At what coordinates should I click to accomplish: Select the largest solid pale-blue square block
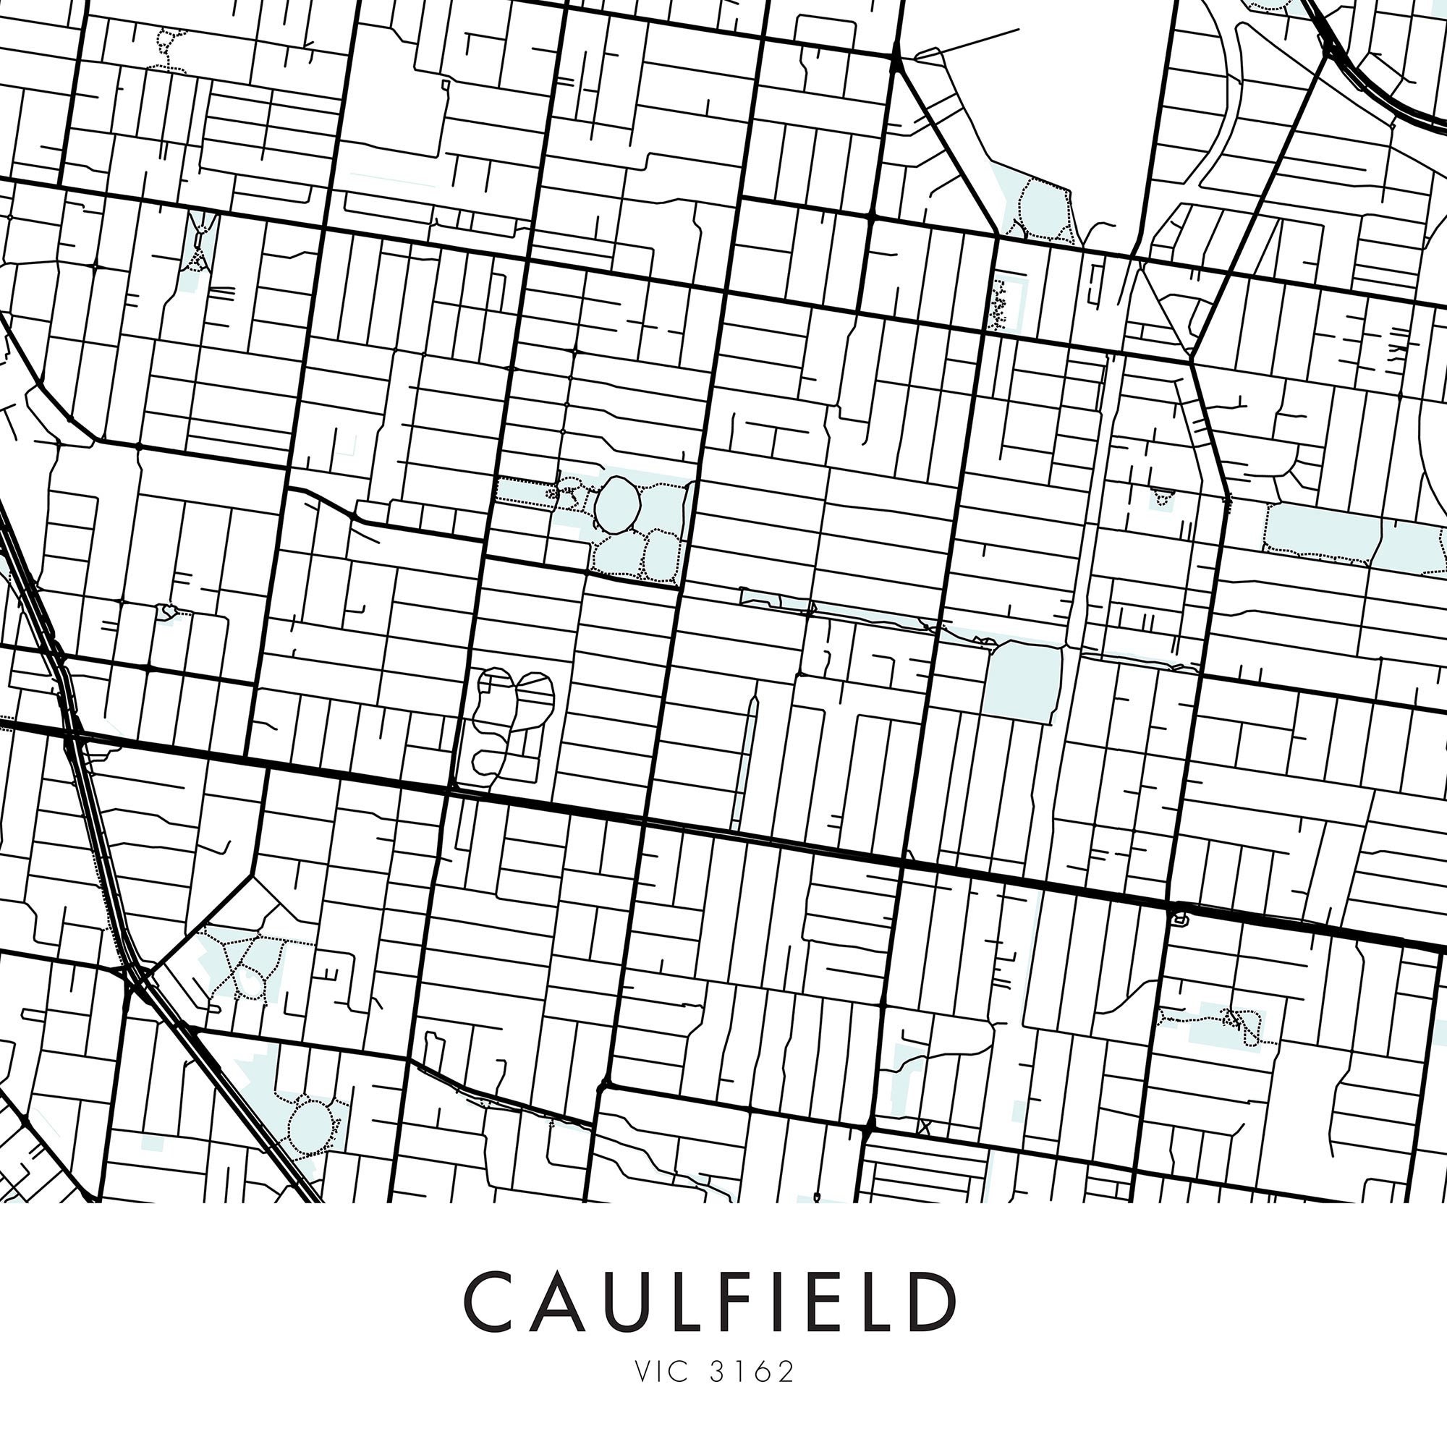(1024, 683)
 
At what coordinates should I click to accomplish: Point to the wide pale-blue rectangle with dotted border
(1323, 532)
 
